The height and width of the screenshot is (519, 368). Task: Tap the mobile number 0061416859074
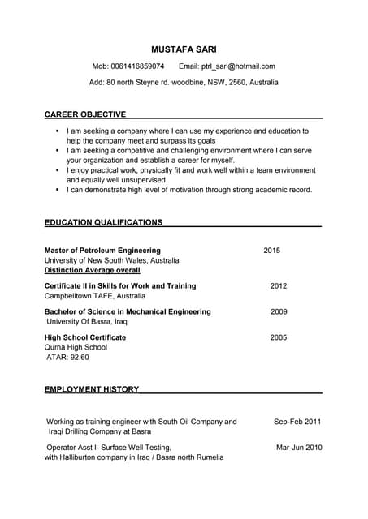tap(137, 66)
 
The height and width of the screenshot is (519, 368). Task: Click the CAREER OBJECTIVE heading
tap(85, 114)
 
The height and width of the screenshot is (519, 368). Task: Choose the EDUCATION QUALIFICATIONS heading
tap(103, 222)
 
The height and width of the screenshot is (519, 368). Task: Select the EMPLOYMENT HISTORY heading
tap(92, 389)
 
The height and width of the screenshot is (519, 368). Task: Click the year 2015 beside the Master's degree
tap(272, 251)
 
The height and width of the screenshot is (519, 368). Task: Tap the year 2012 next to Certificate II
tap(279, 286)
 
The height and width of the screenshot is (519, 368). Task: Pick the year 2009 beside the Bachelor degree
tap(279, 311)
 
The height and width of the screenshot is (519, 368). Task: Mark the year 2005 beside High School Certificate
tap(279, 337)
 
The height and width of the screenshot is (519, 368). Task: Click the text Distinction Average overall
tap(92, 270)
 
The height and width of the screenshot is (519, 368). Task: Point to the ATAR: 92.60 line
tap(67, 357)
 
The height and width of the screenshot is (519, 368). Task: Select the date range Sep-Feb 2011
tap(297, 422)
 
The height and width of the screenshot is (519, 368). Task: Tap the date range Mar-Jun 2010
tap(299, 447)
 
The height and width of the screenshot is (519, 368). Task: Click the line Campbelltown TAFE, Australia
tap(95, 297)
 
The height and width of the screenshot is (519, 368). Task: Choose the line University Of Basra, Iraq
tap(87, 322)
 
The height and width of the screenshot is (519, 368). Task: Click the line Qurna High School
tap(76, 347)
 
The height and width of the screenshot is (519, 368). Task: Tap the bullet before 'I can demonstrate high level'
tap(57, 190)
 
